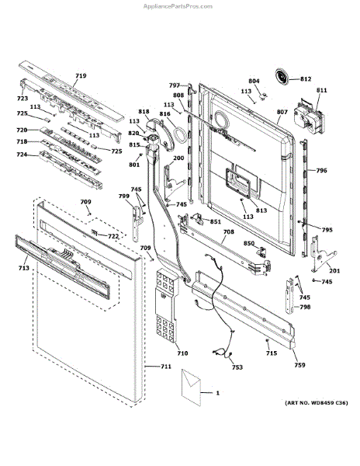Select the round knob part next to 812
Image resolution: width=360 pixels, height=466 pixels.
tap(282, 77)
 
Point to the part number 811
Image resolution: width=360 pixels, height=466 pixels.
tap(321, 91)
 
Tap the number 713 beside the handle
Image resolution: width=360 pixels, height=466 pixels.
tap(23, 268)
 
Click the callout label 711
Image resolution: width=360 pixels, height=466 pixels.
tap(165, 367)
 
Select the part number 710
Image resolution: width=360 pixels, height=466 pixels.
tap(182, 353)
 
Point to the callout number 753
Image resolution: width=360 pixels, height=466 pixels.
tap(237, 367)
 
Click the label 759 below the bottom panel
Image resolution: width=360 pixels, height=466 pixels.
tap(299, 364)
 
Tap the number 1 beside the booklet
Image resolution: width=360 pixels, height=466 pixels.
tap(218, 394)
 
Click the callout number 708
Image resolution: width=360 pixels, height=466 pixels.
tap(228, 231)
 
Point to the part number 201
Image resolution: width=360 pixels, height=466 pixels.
tap(334, 270)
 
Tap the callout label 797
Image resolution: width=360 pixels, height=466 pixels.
tap(175, 85)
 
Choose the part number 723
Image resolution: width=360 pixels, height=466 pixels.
tap(22, 99)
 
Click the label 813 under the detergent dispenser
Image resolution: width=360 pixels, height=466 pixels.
tap(261, 210)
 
